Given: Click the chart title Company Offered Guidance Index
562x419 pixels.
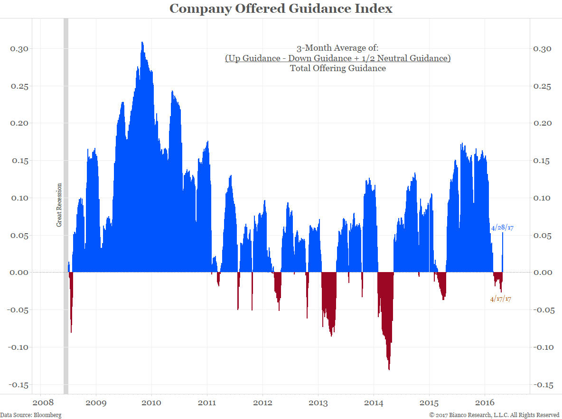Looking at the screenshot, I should (x=281, y=9).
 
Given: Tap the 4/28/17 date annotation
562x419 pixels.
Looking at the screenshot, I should (x=502, y=228).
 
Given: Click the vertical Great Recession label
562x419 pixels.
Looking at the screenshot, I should (x=59, y=205).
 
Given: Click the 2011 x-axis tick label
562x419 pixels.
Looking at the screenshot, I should (x=207, y=403).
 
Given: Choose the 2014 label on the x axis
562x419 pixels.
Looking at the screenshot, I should (x=374, y=403).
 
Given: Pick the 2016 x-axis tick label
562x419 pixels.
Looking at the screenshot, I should (x=485, y=403).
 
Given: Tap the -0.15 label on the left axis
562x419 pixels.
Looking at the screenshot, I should (x=18, y=384).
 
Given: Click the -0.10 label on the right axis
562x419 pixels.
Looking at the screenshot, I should (x=544, y=347).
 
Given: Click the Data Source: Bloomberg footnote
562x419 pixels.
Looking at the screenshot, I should (x=31, y=415).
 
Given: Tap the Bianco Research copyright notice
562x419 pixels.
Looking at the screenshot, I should (x=494, y=415).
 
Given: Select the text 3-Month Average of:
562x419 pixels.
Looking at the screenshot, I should (x=337, y=48).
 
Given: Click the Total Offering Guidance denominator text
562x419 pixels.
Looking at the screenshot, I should (x=337, y=68).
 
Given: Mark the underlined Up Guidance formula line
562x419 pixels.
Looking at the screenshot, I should (x=337, y=58).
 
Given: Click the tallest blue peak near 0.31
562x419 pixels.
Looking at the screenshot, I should (x=142, y=44).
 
